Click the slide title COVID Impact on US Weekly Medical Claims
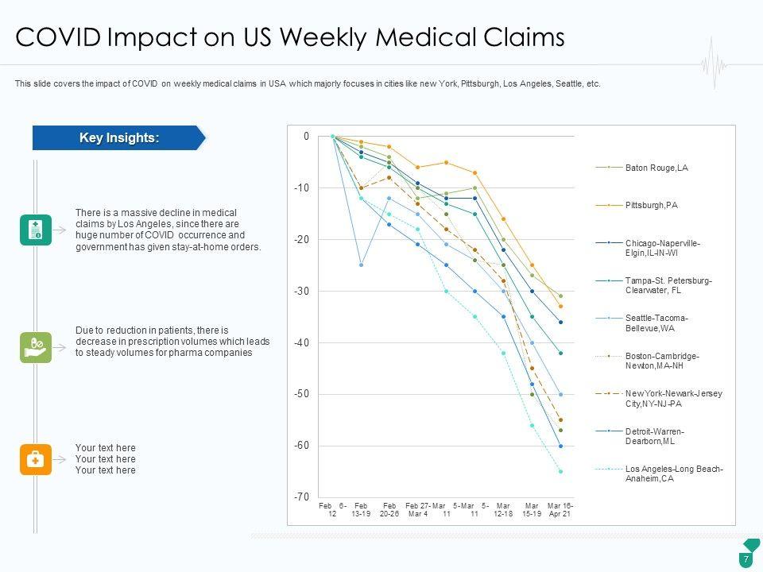pos(289,38)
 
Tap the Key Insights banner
pos(118,138)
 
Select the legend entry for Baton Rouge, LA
pos(656,168)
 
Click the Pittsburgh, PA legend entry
pos(651,205)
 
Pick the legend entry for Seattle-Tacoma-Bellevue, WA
pos(656,323)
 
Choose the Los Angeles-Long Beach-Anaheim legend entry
pos(674,473)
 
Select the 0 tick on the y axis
pos(306,137)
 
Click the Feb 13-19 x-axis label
pos(362,510)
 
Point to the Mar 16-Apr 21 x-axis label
pos(560,510)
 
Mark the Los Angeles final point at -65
pos(560,472)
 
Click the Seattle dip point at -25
pos(361,265)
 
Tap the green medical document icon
pos(36,230)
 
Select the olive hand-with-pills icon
pos(36,347)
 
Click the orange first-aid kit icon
pos(36,459)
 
